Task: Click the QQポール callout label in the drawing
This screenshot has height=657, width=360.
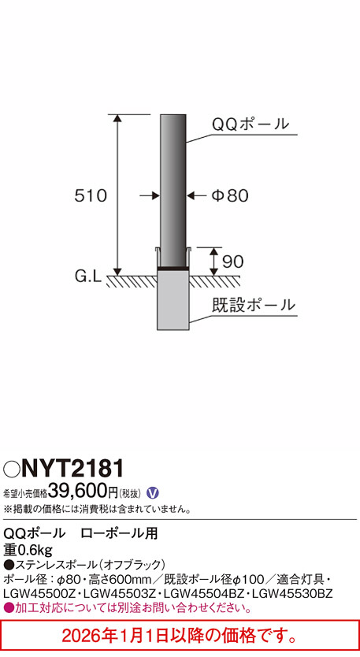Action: pos(251,124)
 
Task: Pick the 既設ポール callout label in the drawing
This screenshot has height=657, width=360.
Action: pos(254,304)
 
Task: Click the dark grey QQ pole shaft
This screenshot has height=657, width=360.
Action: pos(173,189)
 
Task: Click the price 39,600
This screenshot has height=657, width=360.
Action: pos(78,492)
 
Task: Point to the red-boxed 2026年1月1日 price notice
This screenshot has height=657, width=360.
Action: pos(180,634)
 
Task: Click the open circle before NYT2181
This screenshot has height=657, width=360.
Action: pos(11,471)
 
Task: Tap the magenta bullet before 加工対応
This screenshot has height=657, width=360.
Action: pos(9,607)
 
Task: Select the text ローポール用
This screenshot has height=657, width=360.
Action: pos(119,534)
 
